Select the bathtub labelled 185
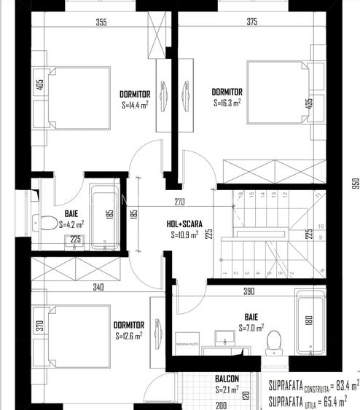(103, 216)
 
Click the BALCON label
(227, 379)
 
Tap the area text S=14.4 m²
(134, 105)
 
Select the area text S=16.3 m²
(227, 103)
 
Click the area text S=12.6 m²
(128, 336)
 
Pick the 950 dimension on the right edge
(354, 183)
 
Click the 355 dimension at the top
(101, 22)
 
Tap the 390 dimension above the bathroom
(248, 291)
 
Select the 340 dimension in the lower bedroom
(99, 287)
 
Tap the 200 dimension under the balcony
(222, 405)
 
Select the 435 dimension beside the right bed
(309, 103)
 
